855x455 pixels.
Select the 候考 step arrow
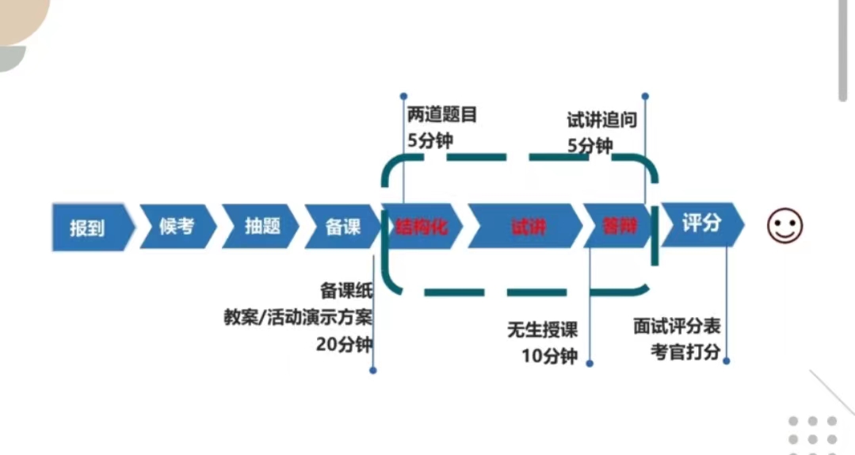176,227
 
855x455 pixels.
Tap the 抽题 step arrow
261,227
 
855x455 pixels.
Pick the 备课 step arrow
343,227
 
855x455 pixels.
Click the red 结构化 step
422,227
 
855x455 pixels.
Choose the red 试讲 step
528,227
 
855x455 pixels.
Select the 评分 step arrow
701,224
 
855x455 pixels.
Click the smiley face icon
784,227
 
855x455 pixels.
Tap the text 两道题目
442,116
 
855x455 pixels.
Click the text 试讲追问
601,120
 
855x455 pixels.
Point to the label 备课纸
346,290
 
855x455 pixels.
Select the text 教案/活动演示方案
298,317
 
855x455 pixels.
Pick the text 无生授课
543,329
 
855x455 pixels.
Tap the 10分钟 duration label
549,356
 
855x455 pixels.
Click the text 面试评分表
677,326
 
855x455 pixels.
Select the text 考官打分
685,352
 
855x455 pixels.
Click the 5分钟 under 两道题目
430,142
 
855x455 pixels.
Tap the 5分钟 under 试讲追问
590,146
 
